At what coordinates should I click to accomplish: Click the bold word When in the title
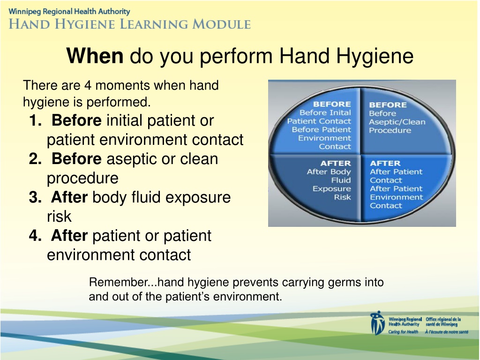[x=95, y=56]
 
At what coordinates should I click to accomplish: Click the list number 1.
[x=36, y=120]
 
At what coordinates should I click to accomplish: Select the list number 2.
[x=36, y=158]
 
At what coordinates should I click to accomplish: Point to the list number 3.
[x=36, y=197]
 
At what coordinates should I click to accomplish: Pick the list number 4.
[x=36, y=235]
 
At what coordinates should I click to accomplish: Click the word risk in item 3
[x=59, y=216]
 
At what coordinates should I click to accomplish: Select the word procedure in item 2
[x=82, y=179]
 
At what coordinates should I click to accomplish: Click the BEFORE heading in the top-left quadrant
[x=332, y=104]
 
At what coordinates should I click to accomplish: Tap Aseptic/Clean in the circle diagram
[x=397, y=122]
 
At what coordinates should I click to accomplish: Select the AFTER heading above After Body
[x=336, y=163]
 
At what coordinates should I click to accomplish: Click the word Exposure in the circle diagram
[x=331, y=189]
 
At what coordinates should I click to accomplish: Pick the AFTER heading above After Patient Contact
[x=385, y=163]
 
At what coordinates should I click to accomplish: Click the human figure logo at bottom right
[x=377, y=323]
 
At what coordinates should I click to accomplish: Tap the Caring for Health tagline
[x=403, y=332]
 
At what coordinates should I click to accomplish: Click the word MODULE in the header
[x=221, y=24]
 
